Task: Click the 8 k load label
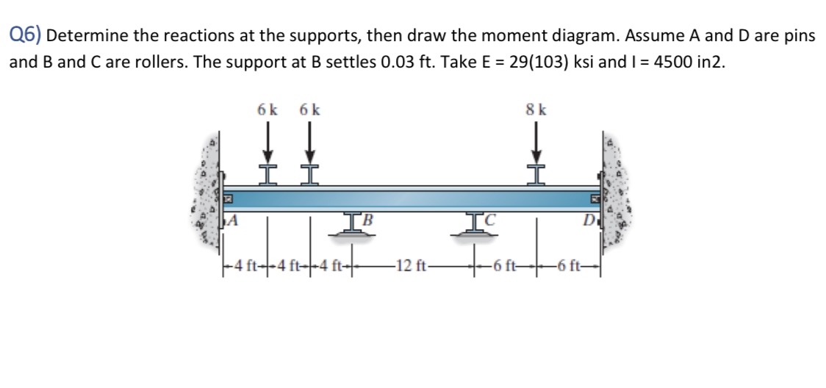pyautogui.click(x=536, y=111)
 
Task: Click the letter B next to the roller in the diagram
pyautogui.click(x=368, y=218)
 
